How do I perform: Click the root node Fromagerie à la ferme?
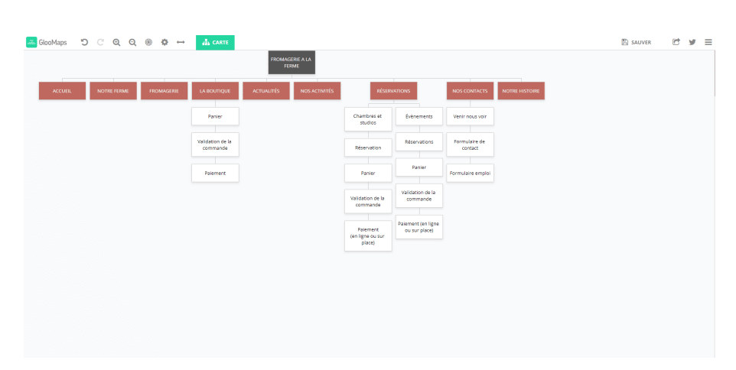(291, 63)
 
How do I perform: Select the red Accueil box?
(63, 91)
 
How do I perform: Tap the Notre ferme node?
(113, 91)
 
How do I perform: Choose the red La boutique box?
(215, 91)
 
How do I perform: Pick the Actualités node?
(266, 91)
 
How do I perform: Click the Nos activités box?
(318, 91)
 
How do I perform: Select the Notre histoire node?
(521, 91)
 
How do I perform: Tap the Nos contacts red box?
(470, 91)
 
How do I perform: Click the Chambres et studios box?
(368, 119)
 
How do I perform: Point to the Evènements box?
(419, 116)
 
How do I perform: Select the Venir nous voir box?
(470, 116)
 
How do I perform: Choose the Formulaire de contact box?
(470, 144)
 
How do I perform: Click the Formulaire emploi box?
(470, 173)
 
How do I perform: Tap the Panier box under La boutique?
(215, 116)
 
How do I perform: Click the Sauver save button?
(637, 42)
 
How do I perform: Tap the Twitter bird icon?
(692, 42)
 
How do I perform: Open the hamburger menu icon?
(708, 42)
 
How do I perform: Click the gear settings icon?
(164, 42)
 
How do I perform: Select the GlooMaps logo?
(47, 42)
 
